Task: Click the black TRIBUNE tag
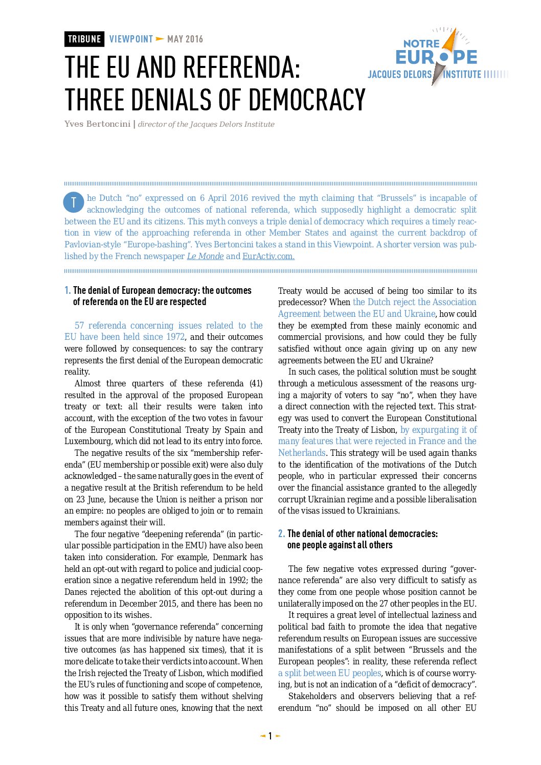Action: [x=84, y=39]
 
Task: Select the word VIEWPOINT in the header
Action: [x=131, y=39]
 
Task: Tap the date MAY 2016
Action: [x=185, y=39]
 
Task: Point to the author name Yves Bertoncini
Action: [x=97, y=124]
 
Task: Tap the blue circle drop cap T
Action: [x=74, y=202]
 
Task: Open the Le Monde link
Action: [x=205, y=256]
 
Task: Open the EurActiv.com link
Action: [x=268, y=256]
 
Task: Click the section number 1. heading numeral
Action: [x=67, y=290]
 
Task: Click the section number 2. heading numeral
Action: [x=281, y=534]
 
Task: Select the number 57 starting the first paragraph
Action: [x=79, y=326]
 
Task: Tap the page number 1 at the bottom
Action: [x=270, y=736]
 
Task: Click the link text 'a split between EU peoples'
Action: [x=330, y=673]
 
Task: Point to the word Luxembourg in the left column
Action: [x=87, y=441]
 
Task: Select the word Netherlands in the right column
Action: [x=302, y=453]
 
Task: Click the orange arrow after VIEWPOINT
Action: [x=160, y=39]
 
